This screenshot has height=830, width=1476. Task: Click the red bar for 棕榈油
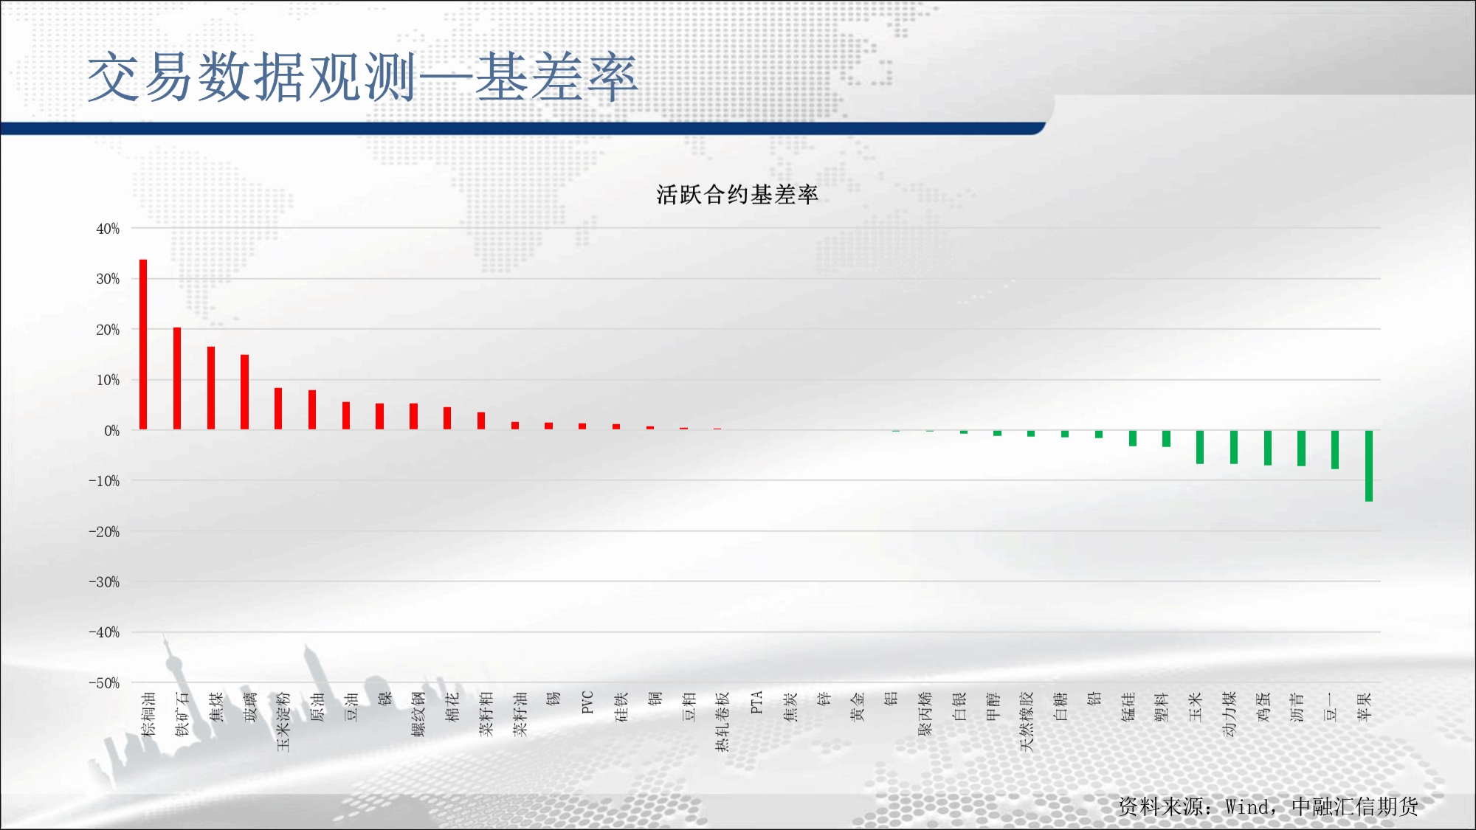pos(143,345)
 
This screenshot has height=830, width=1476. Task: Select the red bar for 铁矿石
pos(177,378)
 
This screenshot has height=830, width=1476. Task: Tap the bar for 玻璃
pos(244,392)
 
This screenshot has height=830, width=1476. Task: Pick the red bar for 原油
pos(312,409)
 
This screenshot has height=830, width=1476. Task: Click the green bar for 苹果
pos(1369,466)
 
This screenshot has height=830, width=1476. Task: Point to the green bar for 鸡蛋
pos(1268,448)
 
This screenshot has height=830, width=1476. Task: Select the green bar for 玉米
pos(1200,447)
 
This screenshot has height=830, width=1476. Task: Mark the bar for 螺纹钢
pos(413,416)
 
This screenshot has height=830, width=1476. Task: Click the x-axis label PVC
pos(587,702)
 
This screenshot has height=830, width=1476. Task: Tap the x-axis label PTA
pos(756,702)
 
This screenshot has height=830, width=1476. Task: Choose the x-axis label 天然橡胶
pos(1027,722)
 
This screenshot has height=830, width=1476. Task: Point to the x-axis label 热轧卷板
pos(723,722)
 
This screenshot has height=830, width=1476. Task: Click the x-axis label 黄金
pos(858,706)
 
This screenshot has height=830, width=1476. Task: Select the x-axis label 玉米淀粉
pos(283,722)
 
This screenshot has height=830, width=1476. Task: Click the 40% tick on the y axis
pos(108,229)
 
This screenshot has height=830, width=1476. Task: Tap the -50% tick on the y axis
pos(104,683)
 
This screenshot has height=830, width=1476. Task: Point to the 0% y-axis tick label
pos(111,431)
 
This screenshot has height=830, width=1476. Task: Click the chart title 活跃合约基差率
pos(737,195)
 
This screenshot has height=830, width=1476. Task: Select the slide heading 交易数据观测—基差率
pos(362,77)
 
